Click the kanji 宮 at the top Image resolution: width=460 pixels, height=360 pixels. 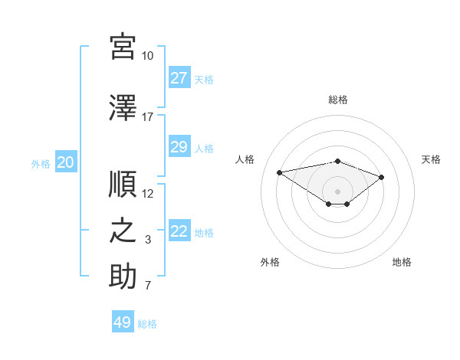[123, 47]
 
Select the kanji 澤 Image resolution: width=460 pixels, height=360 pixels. [123, 108]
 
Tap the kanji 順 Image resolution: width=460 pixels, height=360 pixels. [123, 184]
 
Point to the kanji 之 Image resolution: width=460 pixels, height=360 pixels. [123, 231]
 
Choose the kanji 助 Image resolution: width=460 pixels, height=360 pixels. [123, 276]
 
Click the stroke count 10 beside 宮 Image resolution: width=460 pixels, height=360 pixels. [147, 56]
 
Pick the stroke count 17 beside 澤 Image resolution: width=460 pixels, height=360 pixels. [147, 117]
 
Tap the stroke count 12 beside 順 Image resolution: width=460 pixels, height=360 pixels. [147, 194]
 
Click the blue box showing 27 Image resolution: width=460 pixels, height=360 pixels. [179, 77]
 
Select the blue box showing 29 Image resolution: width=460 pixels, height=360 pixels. [179, 146]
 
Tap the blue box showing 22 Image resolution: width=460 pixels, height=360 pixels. [179, 230]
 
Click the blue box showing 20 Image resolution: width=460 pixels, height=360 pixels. [66, 162]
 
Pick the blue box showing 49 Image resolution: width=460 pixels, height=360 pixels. [123, 321]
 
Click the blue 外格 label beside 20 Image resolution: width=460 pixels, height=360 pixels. [41, 164]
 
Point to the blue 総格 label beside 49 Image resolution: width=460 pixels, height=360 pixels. [147, 324]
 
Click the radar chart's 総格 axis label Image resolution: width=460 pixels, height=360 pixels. [338, 100]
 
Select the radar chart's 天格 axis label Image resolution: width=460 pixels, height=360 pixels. [431, 159]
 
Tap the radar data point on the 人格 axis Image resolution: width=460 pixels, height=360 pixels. [279, 172]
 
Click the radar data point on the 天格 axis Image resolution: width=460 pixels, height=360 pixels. [381, 178]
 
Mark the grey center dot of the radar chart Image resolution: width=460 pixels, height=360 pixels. [337, 191]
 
